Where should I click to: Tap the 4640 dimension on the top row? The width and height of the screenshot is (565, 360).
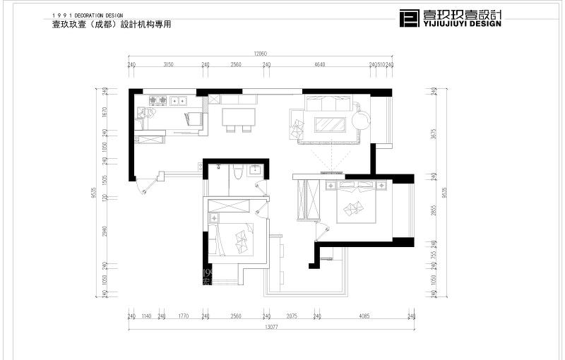click(319, 64)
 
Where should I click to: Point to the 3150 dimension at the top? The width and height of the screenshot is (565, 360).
click(168, 64)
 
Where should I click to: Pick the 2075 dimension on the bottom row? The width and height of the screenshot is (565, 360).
click(292, 316)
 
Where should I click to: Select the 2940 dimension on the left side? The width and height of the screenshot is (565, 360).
click(103, 230)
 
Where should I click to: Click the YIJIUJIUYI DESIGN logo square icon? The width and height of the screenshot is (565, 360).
click(409, 18)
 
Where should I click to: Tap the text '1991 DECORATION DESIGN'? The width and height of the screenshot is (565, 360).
click(88, 15)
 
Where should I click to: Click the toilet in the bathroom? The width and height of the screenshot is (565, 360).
click(238, 172)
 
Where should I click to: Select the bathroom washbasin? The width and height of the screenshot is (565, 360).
click(255, 169)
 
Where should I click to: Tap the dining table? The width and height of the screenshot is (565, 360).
click(237, 116)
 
